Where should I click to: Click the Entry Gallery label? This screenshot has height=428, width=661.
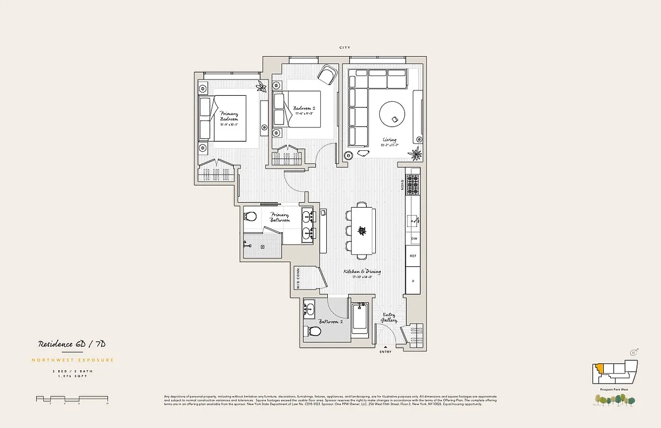coord(389,317)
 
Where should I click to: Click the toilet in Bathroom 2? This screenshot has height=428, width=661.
coord(314,332)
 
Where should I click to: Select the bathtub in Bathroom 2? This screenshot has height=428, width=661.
coord(360,319)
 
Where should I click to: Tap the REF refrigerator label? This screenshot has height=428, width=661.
coord(413,256)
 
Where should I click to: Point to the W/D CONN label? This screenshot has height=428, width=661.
coord(298,278)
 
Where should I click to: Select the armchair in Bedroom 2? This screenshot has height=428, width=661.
coord(327,74)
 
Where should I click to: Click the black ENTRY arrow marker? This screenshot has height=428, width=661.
coord(385,347)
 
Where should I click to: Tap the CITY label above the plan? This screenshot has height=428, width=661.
coord(345,48)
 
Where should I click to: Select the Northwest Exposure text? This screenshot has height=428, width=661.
coord(73,360)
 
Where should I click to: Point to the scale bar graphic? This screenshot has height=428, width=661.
coord(72,399)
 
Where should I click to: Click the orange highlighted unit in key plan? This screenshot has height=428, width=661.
coord(601,369)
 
